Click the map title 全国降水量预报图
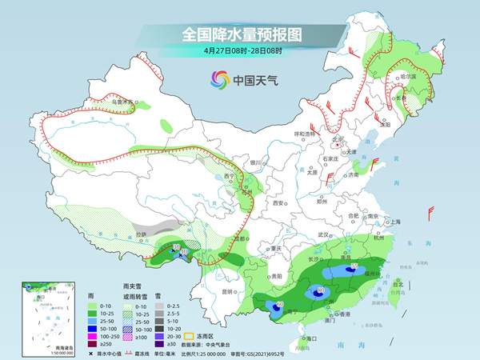[x=239, y=34]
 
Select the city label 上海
[x=392, y=222]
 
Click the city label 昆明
[x=229, y=281]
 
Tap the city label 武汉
[x=323, y=234]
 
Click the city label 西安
[x=278, y=204]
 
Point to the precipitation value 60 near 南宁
[x=278, y=304]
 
